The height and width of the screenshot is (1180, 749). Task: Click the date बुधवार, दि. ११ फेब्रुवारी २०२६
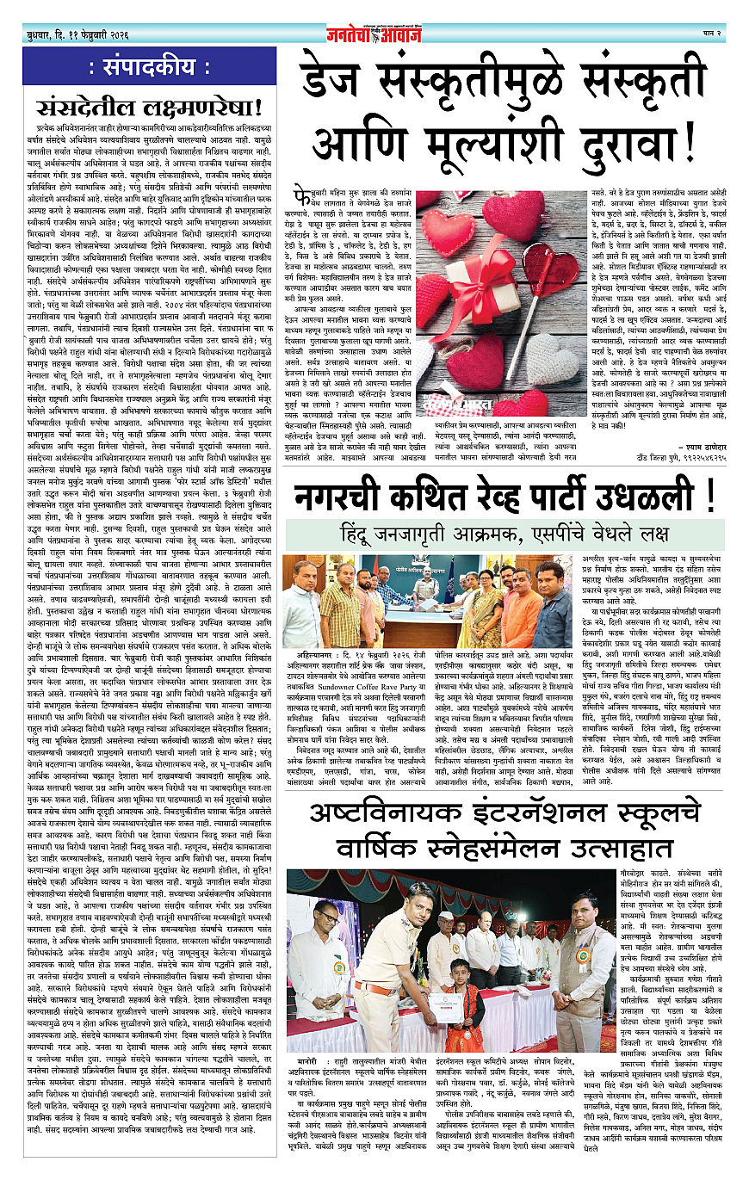[x=77, y=34]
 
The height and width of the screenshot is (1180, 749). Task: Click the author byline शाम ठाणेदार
[x=681, y=429]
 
